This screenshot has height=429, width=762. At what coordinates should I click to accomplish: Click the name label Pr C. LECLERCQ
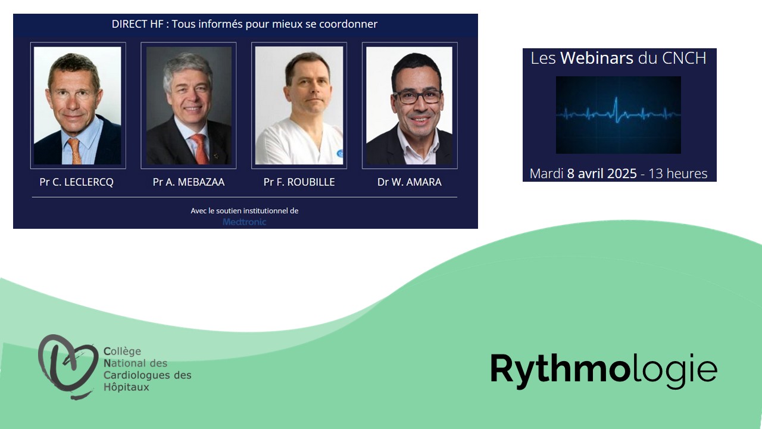tap(77, 182)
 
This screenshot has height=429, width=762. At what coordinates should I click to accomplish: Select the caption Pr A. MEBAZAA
tap(189, 182)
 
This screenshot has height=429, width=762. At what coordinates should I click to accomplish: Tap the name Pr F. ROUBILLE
tap(299, 182)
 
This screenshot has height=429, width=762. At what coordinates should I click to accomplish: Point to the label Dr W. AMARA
tap(409, 182)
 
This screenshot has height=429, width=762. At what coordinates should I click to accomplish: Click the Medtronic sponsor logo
tap(244, 222)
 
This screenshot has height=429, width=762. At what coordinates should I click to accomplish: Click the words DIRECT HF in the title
tap(138, 24)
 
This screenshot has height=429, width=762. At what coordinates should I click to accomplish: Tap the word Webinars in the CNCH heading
tap(597, 58)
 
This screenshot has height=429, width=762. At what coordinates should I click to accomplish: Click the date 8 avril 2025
tap(602, 173)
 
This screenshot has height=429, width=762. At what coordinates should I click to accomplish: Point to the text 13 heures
tap(677, 173)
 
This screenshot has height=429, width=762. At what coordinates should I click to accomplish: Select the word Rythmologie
tap(604, 372)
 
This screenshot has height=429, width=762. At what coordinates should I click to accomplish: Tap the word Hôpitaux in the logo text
tap(126, 387)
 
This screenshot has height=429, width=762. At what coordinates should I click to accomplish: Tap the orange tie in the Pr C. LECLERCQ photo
tap(75, 151)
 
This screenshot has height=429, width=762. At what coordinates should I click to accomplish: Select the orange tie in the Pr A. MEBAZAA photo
tap(200, 149)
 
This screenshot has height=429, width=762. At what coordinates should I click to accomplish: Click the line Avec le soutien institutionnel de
tap(244, 211)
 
